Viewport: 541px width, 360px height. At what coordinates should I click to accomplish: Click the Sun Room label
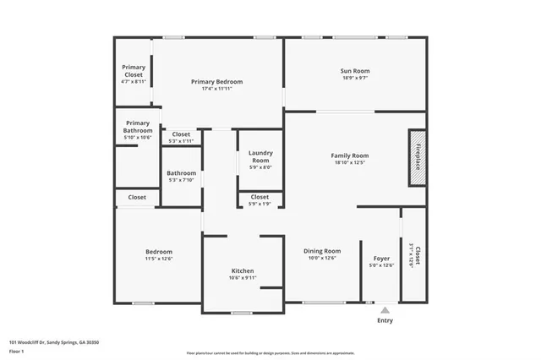(x=355, y=74)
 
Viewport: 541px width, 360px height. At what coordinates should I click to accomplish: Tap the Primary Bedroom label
(x=216, y=85)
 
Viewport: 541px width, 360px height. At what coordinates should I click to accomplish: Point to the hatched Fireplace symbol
(x=417, y=157)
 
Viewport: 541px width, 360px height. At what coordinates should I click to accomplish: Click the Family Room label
(x=350, y=159)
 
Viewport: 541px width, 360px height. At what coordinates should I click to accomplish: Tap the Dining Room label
(x=322, y=254)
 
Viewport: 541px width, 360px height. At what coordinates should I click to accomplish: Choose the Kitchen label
(x=243, y=274)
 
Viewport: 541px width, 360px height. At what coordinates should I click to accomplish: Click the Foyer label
(x=381, y=262)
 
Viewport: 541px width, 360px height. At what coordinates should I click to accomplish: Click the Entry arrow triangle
(x=385, y=310)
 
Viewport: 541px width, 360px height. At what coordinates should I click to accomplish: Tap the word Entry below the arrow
(x=385, y=320)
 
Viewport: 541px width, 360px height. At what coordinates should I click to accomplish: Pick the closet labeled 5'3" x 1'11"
(x=181, y=137)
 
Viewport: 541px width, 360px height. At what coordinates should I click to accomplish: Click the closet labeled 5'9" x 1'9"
(x=260, y=199)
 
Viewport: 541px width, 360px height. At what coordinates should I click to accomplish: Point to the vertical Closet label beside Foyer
(x=414, y=256)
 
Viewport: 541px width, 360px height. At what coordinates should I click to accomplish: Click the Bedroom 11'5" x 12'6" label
(x=159, y=254)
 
